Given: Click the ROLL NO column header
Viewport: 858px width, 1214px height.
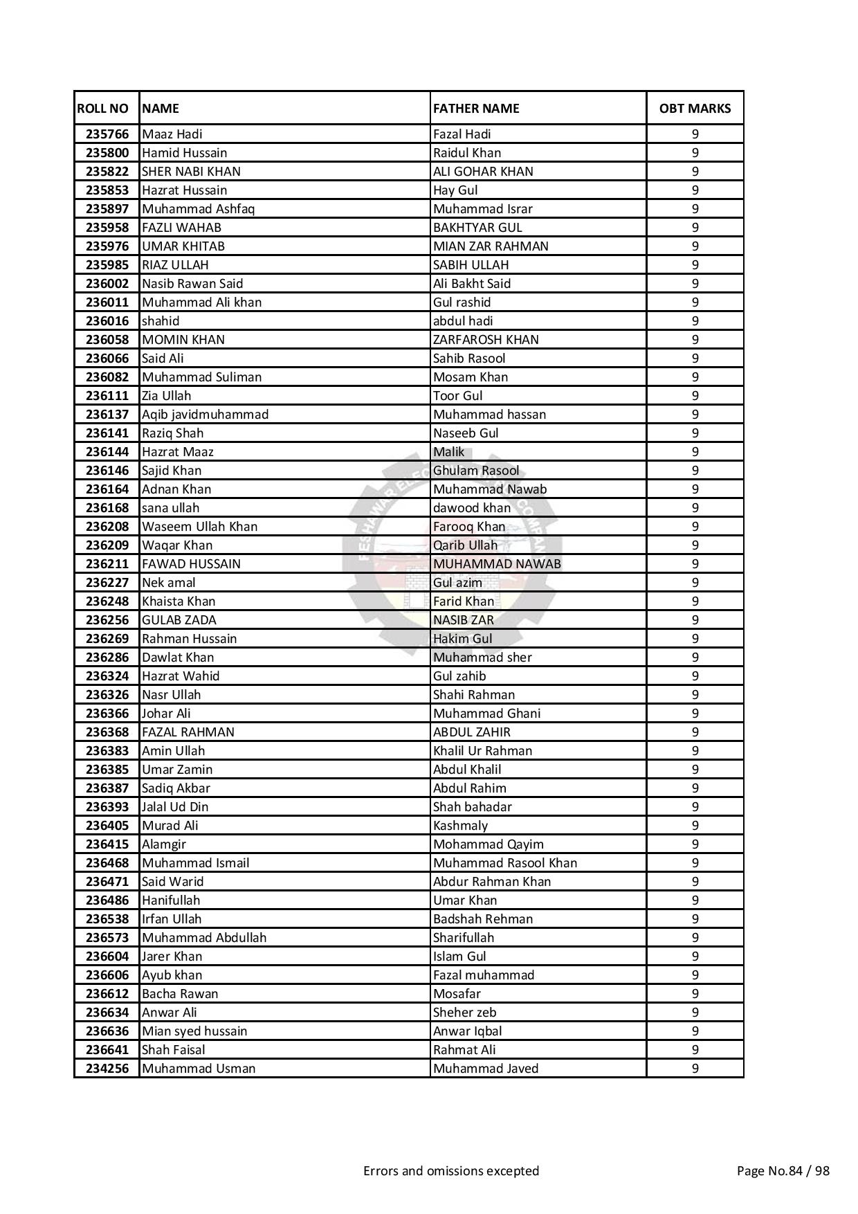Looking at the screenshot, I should coord(103,109).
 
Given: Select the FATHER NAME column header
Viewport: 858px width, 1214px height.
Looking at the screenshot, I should coord(476,109).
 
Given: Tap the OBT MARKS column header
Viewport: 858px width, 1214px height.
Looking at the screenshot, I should coord(695,109).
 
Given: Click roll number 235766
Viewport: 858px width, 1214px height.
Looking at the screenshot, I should coord(107,134).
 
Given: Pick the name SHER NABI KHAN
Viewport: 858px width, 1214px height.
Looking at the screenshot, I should coord(191,172).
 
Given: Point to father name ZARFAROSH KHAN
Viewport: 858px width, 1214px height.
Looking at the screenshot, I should coord(486,340).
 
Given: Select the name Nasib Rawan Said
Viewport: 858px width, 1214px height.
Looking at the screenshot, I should coord(192,284).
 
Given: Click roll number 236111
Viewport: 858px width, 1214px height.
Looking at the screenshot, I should coord(107,396).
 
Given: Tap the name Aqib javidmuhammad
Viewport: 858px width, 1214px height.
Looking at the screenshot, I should coord(205,415).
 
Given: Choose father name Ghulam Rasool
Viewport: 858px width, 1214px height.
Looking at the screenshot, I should coord(476,471).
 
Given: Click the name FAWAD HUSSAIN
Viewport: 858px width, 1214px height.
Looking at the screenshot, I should coord(191,564).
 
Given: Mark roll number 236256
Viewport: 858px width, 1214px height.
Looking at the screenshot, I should coord(107,620).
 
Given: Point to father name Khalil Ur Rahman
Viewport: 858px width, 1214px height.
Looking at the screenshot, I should coord(482,751).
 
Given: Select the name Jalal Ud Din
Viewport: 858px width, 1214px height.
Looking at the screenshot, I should coord(175,807).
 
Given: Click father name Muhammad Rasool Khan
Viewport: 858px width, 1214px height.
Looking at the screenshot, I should coord(505,863).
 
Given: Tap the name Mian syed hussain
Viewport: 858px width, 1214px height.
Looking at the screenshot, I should coord(194,1031).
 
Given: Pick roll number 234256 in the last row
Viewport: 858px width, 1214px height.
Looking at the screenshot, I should coord(107,1069).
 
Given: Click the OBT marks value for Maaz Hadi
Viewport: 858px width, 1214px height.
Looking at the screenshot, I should coord(695,134).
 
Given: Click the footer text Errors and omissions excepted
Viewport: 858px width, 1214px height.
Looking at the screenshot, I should coord(451,1171).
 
